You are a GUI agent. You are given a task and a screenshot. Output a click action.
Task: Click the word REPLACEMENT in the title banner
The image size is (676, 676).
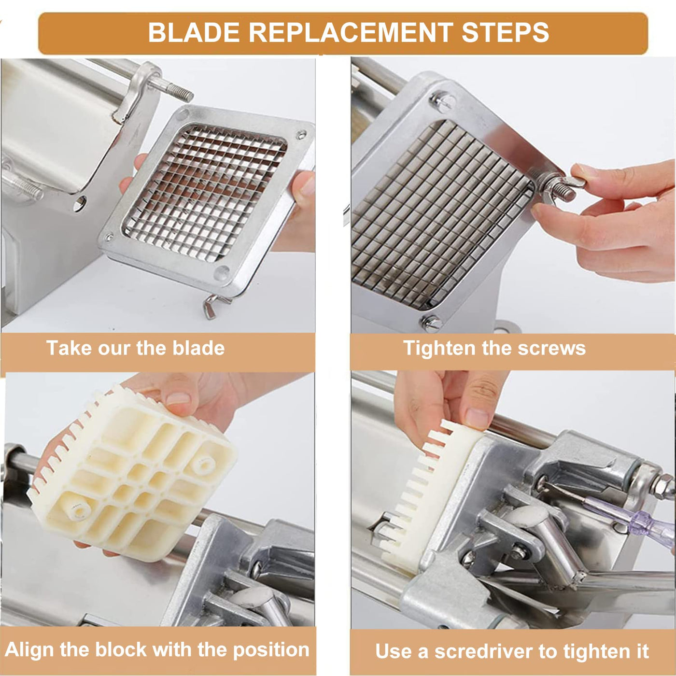(x=350, y=32)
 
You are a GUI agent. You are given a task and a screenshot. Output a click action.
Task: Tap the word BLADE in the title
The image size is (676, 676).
(x=194, y=32)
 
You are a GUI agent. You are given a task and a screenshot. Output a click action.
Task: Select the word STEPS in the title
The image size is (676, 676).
(x=505, y=32)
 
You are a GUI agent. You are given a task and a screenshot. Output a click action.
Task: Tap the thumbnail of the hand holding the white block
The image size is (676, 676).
(x=178, y=398)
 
